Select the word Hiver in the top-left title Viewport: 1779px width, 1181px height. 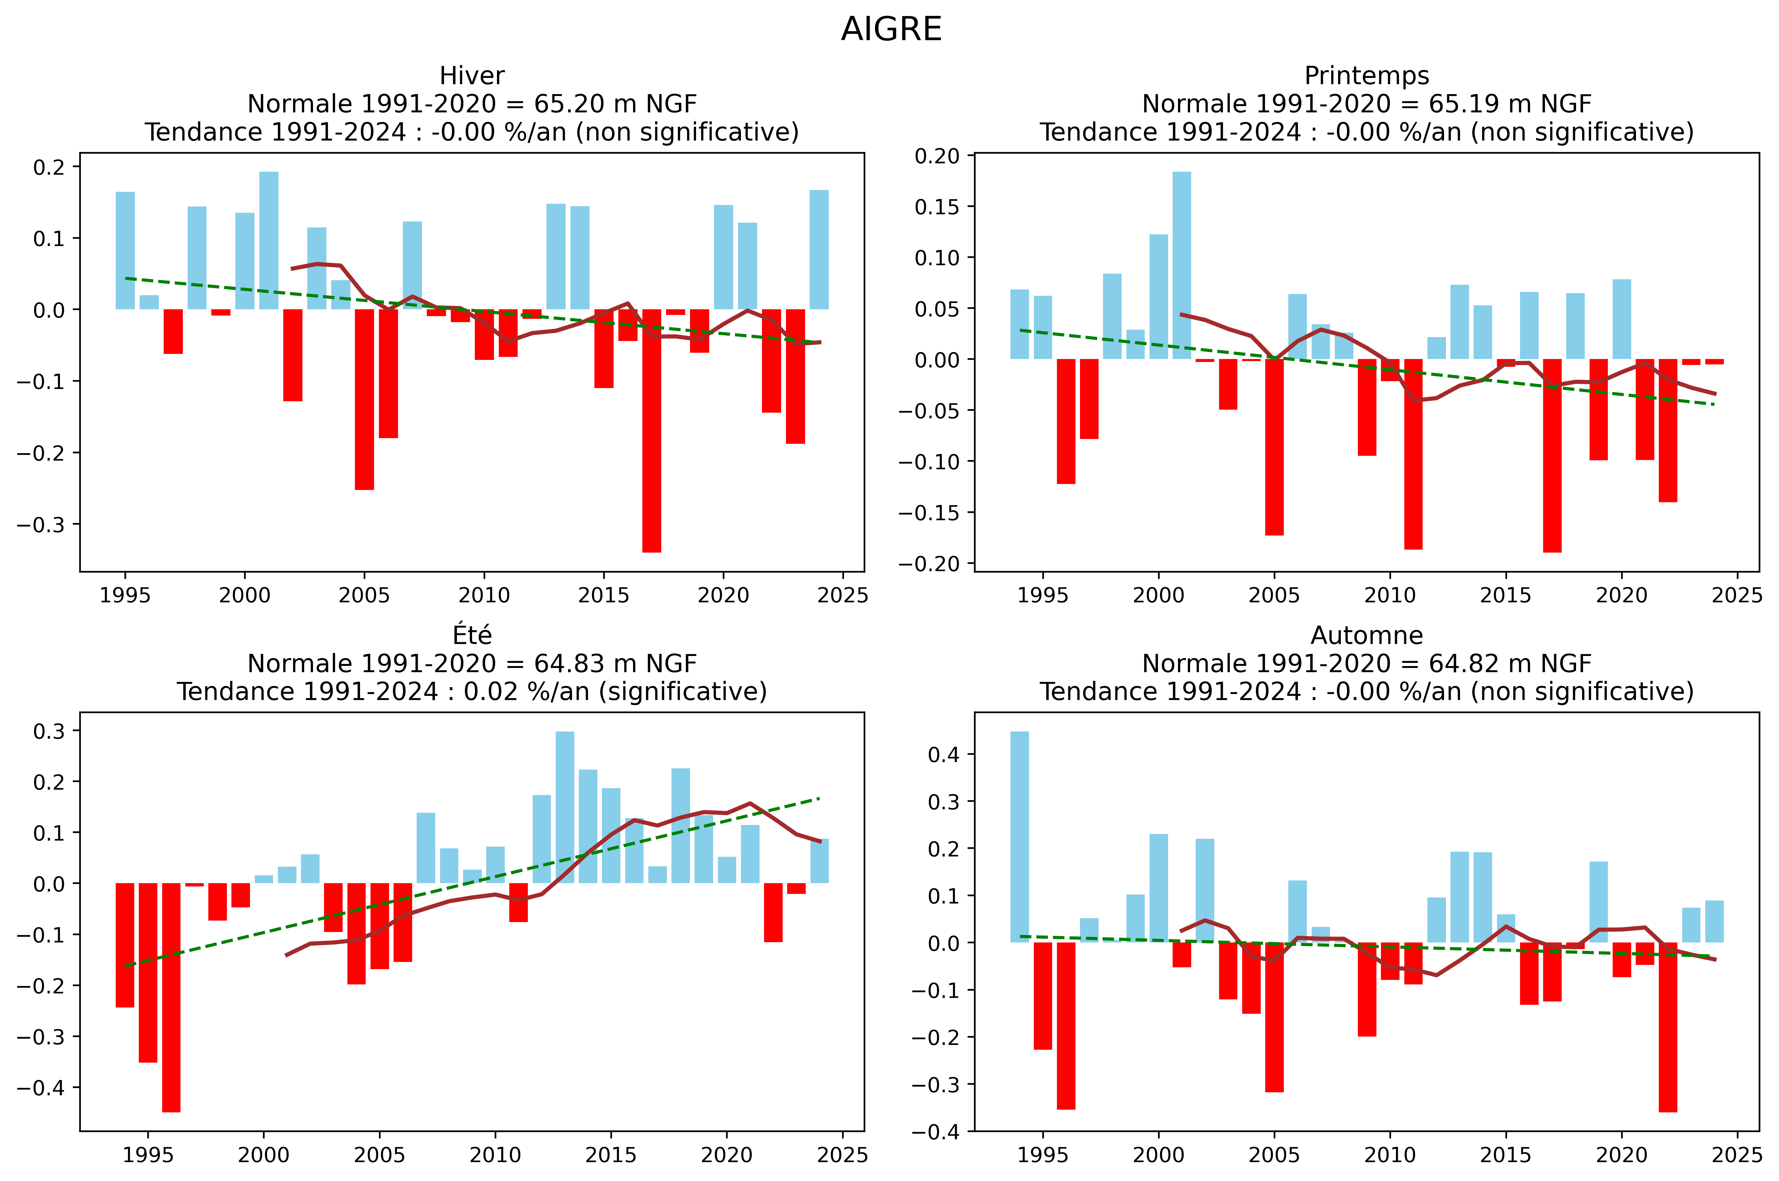coord(472,76)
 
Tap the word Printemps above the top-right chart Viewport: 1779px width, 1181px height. coord(1366,76)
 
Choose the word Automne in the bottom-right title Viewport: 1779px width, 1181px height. coord(1366,636)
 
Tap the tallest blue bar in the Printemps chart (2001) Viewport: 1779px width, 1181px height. coord(1182,265)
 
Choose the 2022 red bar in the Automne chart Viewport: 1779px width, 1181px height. coord(1667,1027)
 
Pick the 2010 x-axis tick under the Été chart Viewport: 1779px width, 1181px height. coord(495,1155)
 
